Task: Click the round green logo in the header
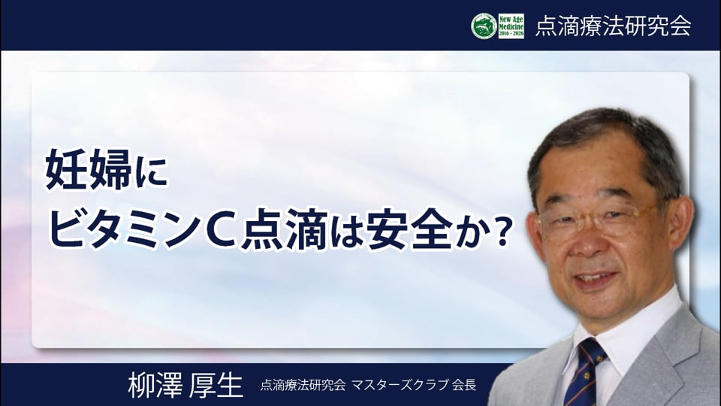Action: pos(484,26)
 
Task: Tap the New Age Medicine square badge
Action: pos(511,26)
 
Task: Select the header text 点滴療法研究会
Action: pos(614,26)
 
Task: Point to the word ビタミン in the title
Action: pos(126,228)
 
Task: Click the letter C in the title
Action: pos(222,229)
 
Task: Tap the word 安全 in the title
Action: pos(409,228)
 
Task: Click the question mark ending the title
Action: pos(502,229)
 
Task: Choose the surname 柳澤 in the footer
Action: pos(155,385)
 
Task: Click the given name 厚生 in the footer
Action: pos(216,385)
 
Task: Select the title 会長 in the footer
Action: pos(464,385)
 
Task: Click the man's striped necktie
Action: pos(585,372)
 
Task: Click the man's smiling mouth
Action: pos(597,279)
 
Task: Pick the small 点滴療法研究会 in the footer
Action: pos(303,385)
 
